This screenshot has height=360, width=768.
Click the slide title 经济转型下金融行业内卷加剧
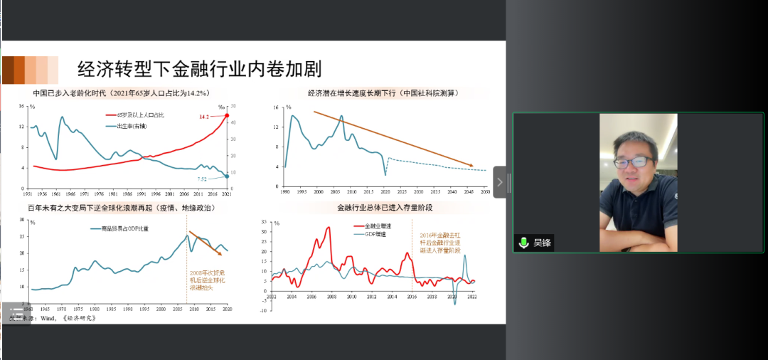pyautogui.click(x=199, y=69)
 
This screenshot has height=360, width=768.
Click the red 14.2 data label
pyautogui.click(x=205, y=116)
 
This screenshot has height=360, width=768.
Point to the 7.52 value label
pyautogui.click(x=203, y=179)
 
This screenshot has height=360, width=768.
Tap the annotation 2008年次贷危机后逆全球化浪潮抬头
pyautogui.click(x=208, y=282)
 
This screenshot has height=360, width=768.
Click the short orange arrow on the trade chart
pyautogui.click(x=209, y=243)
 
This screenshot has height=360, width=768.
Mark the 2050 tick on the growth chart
pyautogui.click(x=486, y=193)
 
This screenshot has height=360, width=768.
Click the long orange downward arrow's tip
pyautogui.click(x=472, y=166)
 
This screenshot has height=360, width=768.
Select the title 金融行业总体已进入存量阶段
pyautogui.click(x=385, y=208)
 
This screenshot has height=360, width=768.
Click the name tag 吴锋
pyautogui.click(x=543, y=243)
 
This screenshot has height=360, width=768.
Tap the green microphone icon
pyautogui.click(x=524, y=243)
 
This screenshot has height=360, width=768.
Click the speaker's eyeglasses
pyautogui.click(x=633, y=162)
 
